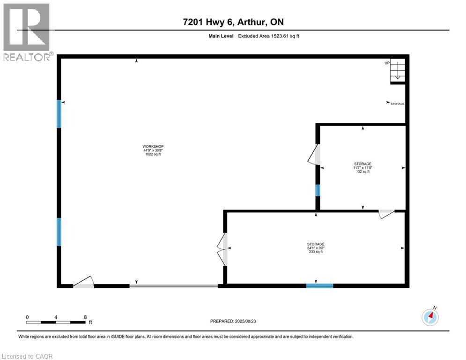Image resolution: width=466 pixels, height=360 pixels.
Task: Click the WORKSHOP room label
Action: [153, 146]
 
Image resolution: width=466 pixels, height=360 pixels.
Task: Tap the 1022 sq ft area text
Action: [153, 154]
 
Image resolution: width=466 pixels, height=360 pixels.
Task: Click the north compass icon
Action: [430, 317]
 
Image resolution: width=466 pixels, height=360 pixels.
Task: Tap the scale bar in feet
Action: [56, 322]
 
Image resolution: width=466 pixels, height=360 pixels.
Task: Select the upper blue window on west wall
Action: [59, 114]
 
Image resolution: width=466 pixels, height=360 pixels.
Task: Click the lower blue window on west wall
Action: [59, 232]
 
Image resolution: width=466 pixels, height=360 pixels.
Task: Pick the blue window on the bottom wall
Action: [319, 285]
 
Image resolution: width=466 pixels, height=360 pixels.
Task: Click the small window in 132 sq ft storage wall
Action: [318, 190]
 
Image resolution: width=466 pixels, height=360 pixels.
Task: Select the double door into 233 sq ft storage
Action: [222, 249]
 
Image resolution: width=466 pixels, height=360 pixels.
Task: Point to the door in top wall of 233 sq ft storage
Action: [387, 214]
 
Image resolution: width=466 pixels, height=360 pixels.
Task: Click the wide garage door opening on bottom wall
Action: [173, 285]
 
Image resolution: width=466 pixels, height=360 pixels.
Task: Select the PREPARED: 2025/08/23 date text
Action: [234, 321]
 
